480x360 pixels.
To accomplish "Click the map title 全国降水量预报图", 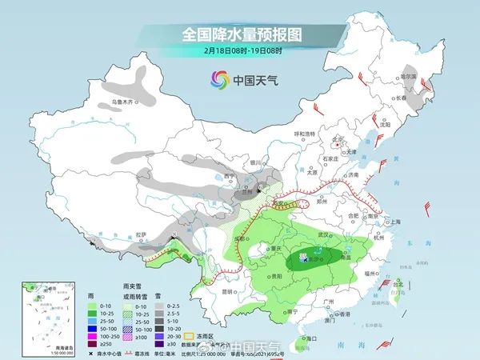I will (x=240, y=34).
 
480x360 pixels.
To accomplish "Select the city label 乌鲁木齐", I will (x=124, y=102).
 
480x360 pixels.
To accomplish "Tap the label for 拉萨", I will (x=142, y=234).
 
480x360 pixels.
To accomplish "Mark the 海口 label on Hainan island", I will (x=299, y=340).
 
